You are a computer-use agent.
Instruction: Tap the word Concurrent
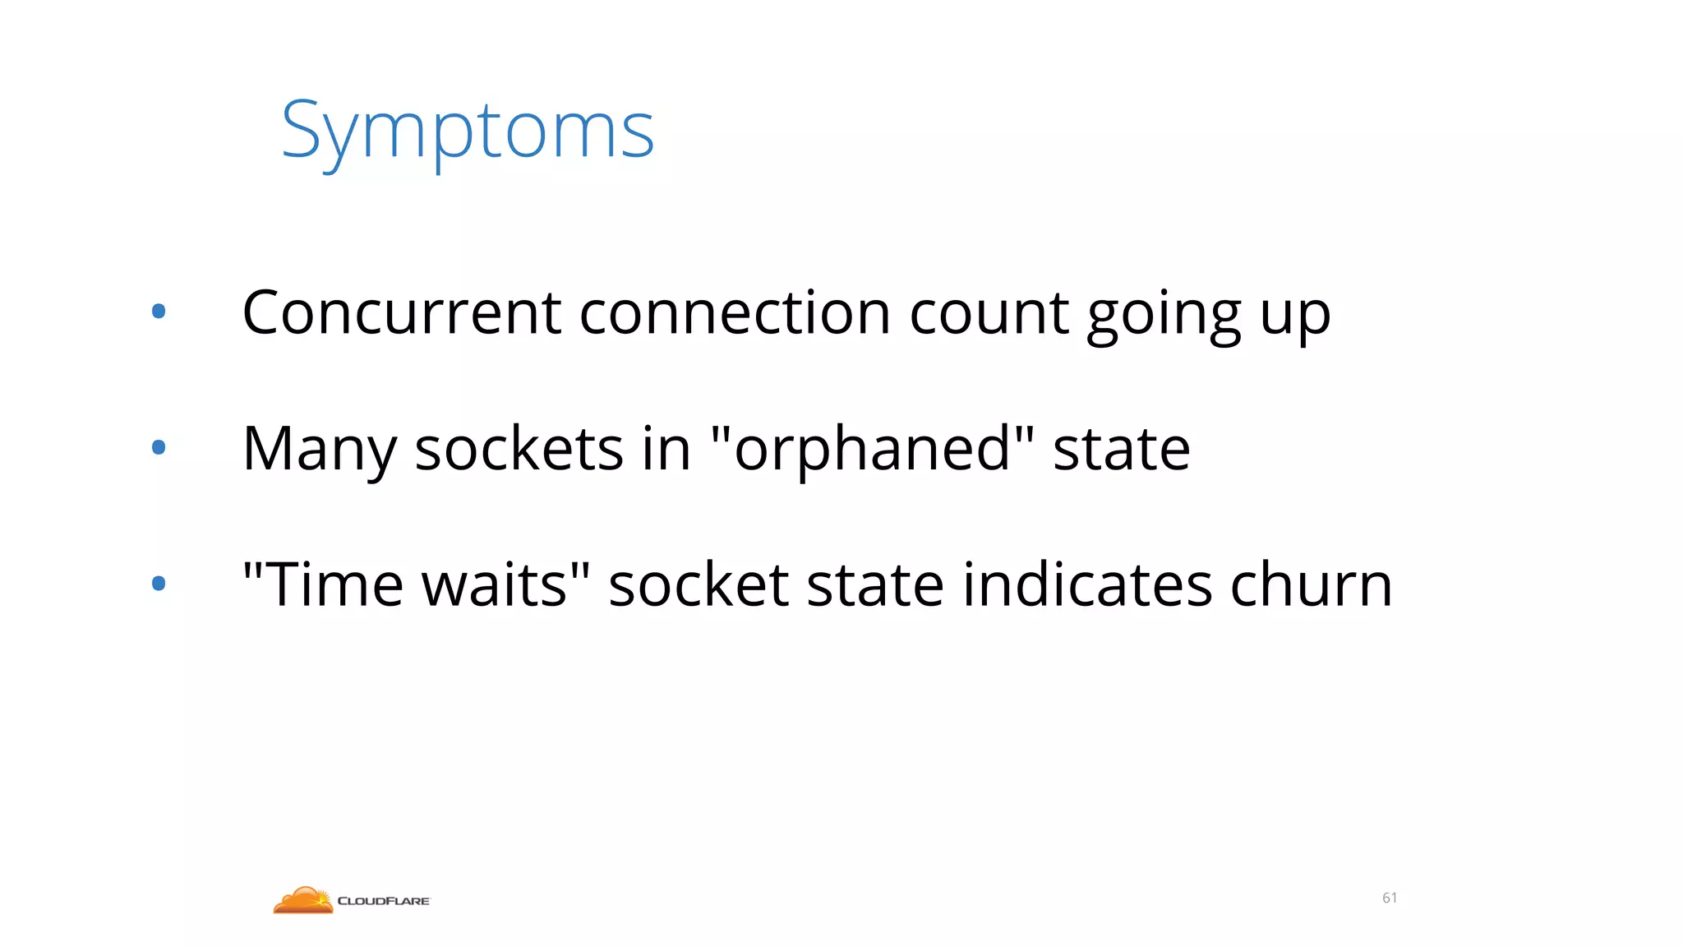402,313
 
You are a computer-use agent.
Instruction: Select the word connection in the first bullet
735,313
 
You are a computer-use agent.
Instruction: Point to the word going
1164,316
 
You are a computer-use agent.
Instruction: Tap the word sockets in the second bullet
519,449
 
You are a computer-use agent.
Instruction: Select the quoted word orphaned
872,449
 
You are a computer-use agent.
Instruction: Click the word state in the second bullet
1121,449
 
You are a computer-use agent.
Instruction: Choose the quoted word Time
335,584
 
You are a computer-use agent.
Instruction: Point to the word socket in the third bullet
699,584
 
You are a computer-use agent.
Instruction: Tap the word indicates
1086,584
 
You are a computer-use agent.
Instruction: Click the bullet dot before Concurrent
159,312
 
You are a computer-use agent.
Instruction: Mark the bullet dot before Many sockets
159,447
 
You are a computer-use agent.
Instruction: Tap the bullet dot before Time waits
159,584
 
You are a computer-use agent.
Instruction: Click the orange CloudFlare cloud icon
302,900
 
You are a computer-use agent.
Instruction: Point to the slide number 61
1390,898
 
